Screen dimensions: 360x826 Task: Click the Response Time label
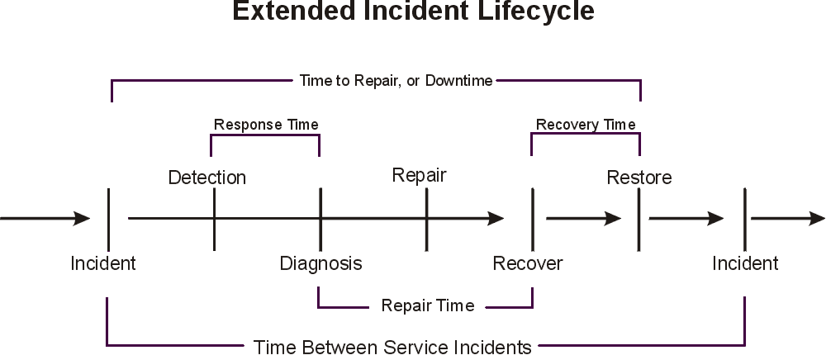[x=266, y=125]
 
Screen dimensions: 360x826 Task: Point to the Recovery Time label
[x=586, y=125]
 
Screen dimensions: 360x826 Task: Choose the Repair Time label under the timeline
[x=427, y=306]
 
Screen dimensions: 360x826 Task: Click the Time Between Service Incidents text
[x=392, y=347]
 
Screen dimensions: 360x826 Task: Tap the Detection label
[x=207, y=178]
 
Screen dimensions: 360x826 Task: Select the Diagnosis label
[x=320, y=264]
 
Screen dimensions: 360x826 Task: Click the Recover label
[x=527, y=264]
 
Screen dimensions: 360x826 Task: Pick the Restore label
[x=638, y=178]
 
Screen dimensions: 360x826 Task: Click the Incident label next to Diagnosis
[x=103, y=264]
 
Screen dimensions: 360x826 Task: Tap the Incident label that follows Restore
[x=746, y=264]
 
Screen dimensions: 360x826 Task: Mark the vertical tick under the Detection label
[x=214, y=219]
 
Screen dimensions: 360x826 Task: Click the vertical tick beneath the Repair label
[x=426, y=219]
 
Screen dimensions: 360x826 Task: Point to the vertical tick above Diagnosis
[x=320, y=219]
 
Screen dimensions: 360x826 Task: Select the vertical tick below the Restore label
[x=638, y=219]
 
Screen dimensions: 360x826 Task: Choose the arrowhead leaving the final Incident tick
[x=816, y=219]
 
